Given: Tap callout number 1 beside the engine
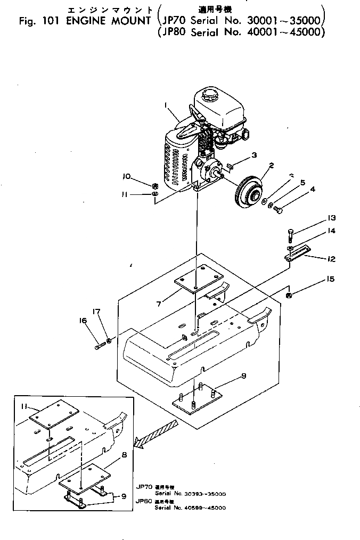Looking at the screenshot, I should point(167,105).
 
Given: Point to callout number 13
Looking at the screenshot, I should point(332,217).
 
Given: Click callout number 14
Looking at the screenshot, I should point(332,231).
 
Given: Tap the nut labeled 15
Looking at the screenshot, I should point(288,295).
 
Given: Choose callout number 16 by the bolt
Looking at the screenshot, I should point(83,321).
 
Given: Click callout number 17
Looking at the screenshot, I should point(96,312).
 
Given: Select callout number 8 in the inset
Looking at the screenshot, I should point(124,455).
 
